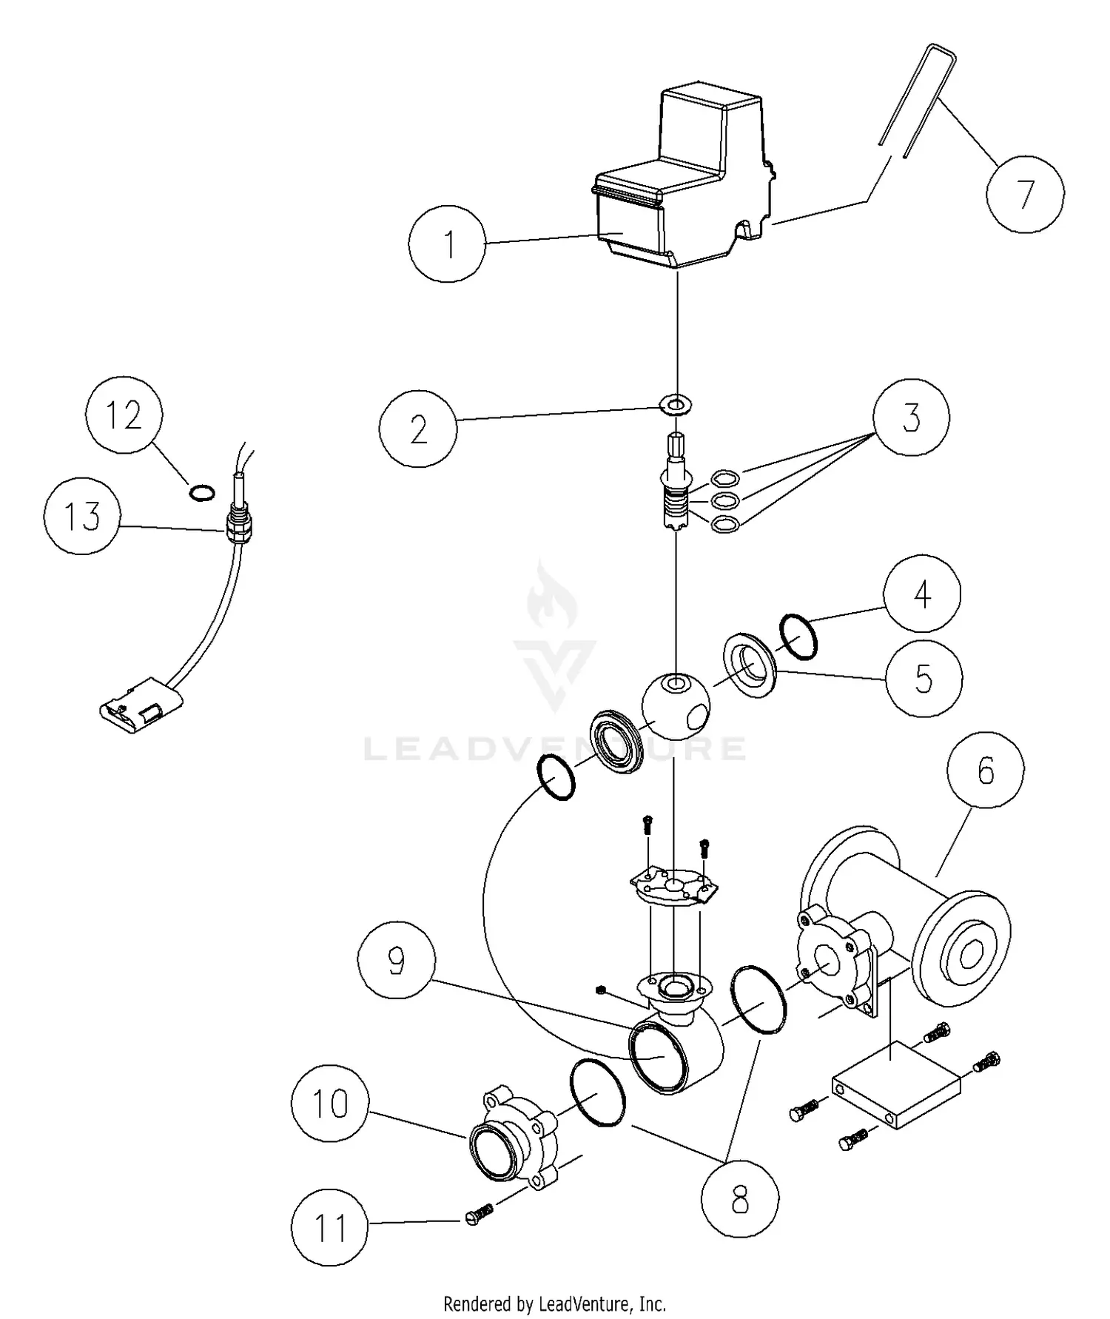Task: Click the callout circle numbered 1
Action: (x=448, y=244)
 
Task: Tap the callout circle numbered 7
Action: (x=1025, y=194)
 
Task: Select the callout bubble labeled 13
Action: (x=82, y=515)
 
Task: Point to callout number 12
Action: (x=124, y=415)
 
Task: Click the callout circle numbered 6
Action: (x=986, y=771)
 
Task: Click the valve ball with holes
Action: (x=676, y=707)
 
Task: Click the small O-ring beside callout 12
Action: (x=201, y=492)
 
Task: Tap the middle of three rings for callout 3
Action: (x=724, y=501)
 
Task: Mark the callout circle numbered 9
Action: (x=396, y=960)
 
